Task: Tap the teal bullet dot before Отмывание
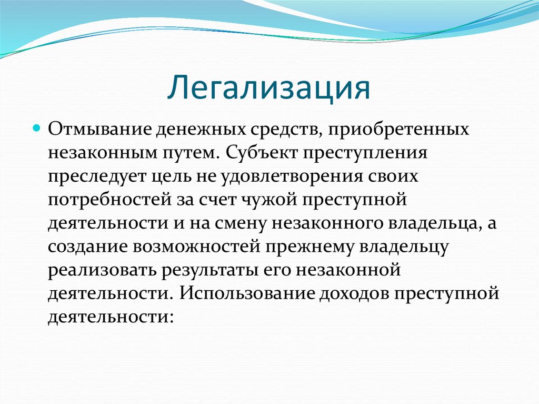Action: pos(37,128)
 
